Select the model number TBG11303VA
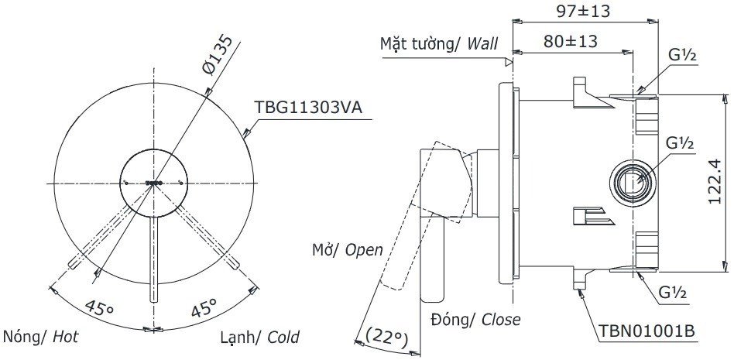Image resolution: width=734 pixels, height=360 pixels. (308, 108)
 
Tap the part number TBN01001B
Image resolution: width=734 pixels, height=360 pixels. (647, 332)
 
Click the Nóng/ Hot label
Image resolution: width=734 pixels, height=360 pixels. (41, 338)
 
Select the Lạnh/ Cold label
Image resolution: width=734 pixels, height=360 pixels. (259, 338)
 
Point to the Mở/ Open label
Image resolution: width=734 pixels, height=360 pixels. (348, 249)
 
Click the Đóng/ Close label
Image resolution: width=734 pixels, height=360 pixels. (476, 319)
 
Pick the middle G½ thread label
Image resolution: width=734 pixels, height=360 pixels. (681, 144)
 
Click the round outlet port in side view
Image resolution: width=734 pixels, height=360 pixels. (631, 183)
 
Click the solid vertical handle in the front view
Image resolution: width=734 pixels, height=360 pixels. (153, 259)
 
